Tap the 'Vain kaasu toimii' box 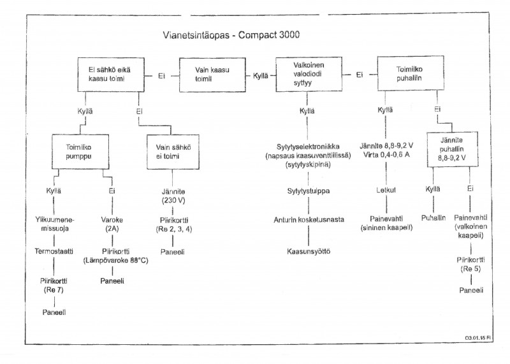coord(212,75)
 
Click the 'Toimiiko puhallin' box coord(411,75)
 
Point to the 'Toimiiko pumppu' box coord(79,152)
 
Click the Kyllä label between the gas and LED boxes coord(261,75)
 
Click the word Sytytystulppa coord(308,191)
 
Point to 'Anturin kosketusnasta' coord(308,220)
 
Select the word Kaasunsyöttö coord(308,251)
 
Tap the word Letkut coord(384,190)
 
